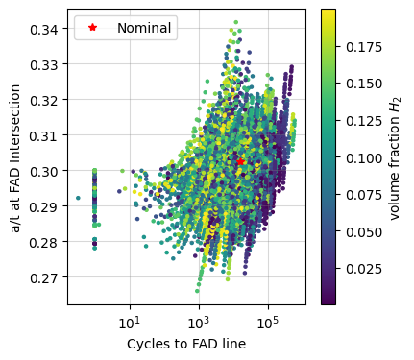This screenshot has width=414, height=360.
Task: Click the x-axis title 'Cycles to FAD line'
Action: pyautogui.click(x=186, y=344)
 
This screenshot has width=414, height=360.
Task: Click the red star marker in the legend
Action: pyautogui.click(x=93, y=28)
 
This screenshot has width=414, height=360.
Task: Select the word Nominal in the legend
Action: pyautogui.click(x=145, y=28)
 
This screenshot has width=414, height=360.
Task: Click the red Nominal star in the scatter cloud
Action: pyautogui.click(x=241, y=162)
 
